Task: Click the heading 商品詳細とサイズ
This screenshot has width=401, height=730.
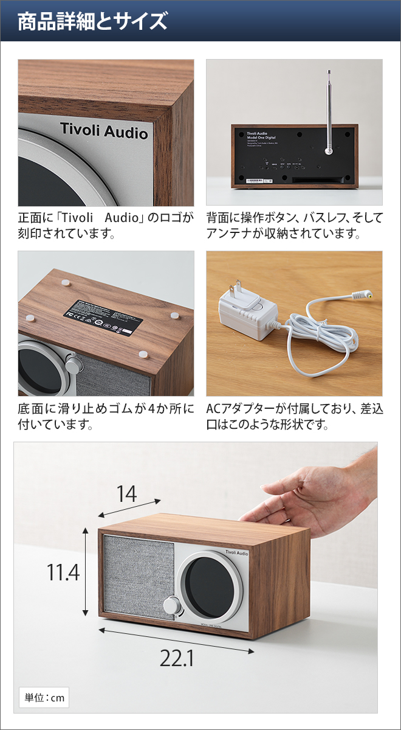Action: [92, 22]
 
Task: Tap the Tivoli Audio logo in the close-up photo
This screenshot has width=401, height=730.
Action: [103, 131]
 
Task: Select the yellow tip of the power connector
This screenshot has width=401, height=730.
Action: [368, 296]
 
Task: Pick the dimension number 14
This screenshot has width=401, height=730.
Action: [126, 494]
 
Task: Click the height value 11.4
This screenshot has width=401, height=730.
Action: [63, 572]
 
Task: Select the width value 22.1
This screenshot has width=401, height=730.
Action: [177, 659]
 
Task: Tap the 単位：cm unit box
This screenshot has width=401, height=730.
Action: [44, 697]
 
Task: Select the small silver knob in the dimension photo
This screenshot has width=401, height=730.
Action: [172, 606]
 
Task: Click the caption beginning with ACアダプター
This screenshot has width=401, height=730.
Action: [295, 416]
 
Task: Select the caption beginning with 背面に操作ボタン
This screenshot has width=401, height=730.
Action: [295, 225]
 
